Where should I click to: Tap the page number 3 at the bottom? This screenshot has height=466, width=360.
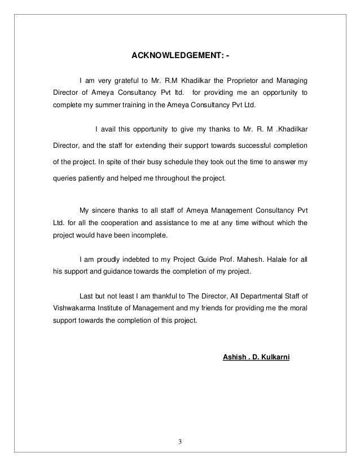180,441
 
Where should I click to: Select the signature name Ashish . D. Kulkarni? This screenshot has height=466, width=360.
257,357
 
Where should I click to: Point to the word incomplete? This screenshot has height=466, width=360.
152,235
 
